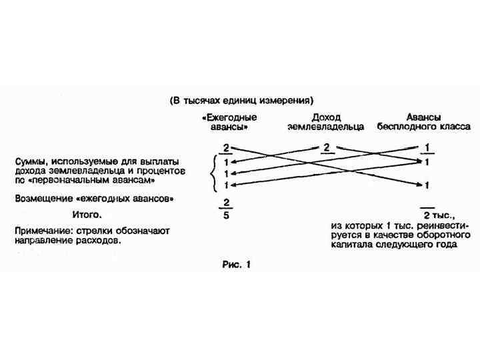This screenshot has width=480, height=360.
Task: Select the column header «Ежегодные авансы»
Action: (227, 121)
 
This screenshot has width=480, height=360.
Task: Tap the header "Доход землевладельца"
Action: (326, 121)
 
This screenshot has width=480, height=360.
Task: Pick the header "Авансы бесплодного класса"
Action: (424, 121)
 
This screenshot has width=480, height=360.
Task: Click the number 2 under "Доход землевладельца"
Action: (326, 147)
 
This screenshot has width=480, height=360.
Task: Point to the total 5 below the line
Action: (227, 215)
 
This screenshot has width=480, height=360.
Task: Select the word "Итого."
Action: (87, 215)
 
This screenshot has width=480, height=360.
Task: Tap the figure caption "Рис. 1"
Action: (236, 264)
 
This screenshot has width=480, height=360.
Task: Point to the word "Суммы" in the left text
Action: (32, 161)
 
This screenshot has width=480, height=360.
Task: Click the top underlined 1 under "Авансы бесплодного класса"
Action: (426, 147)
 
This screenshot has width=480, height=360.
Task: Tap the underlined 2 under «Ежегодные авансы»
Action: (226, 147)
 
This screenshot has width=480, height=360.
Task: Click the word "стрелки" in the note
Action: (101, 230)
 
